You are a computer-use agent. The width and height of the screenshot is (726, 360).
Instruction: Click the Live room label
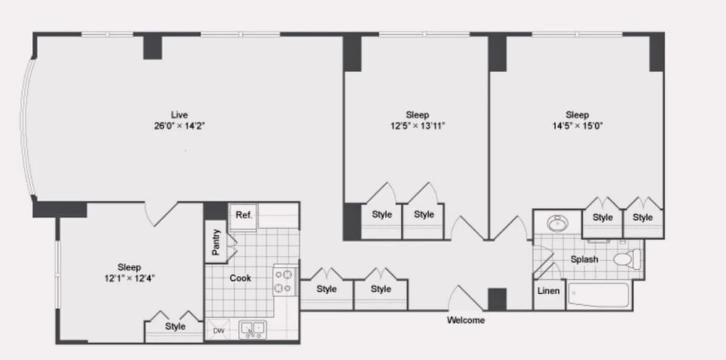coord(179,115)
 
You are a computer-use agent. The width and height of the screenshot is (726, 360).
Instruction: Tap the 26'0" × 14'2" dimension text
coord(179,126)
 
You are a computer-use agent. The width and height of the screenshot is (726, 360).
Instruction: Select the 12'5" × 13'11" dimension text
coord(417,126)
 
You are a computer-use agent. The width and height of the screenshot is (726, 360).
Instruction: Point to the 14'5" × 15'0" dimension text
coord(577,126)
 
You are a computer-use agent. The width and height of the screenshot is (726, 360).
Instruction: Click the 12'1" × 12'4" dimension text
coord(129,278)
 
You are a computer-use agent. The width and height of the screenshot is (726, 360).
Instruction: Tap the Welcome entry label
coord(466,320)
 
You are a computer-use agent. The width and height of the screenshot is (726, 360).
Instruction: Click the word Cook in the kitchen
coord(240,278)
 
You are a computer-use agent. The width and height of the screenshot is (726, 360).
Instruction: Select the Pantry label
coord(216,242)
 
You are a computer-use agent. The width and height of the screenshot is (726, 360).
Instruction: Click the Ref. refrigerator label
coord(244,215)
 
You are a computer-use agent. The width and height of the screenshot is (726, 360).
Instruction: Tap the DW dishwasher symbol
coord(219,330)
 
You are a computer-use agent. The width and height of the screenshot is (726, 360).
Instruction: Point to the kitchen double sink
coord(253,330)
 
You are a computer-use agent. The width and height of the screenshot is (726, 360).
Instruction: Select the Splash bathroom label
coord(584,259)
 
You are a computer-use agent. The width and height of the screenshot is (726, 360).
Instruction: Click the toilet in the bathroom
coord(627,259)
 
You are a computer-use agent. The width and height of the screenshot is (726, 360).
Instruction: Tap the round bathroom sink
coord(557,223)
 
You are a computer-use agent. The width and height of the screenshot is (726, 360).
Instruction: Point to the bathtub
coord(598,295)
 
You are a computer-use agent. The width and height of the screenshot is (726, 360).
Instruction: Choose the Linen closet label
coord(548,291)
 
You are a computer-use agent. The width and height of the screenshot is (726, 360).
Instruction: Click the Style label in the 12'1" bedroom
coord(175,326)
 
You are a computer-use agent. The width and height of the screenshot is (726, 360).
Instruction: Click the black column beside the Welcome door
coord(497,299)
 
